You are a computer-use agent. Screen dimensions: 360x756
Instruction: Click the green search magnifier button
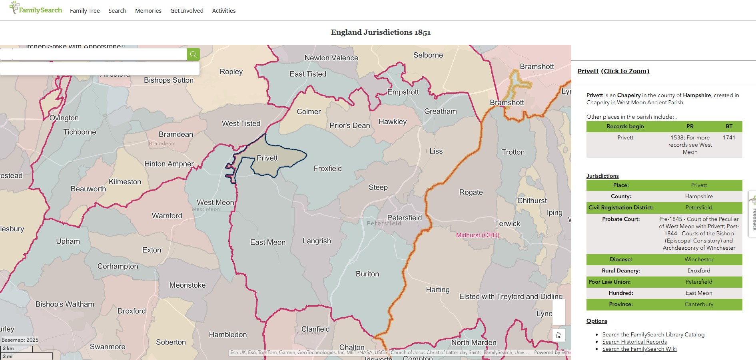tap(193, 54)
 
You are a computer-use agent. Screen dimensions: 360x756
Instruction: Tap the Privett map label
tap(267, 158)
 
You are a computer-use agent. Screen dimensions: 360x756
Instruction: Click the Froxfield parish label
tap(327, 169)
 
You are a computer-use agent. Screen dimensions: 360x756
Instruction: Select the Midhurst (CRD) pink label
tap(477, 235)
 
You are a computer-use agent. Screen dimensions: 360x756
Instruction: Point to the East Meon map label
tap(267, 243)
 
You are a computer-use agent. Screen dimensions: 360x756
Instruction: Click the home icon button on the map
tap(559, 335)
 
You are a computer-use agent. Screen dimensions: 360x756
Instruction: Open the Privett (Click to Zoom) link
tap(613, 71)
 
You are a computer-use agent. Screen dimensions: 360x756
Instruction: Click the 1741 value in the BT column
tap(728, 137)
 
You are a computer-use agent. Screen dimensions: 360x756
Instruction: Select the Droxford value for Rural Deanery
tap(698, 270)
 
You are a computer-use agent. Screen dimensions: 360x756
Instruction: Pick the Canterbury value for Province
tap(698, 304)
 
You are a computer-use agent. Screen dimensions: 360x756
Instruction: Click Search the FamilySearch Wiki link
tap(639, 349)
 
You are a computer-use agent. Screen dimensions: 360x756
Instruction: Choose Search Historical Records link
tap(634, 342)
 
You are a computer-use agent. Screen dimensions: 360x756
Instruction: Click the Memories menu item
tap(148, 11)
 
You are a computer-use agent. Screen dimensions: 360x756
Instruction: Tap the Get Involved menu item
tap(187, 11)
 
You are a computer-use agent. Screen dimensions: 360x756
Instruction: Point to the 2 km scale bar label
tap(8, 348)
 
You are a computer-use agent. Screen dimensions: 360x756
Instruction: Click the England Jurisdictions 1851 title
tap(381, 32)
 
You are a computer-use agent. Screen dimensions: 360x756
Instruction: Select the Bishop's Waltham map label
tap(65, 304)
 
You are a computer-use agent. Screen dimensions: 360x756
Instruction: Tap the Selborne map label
tap(428, 55)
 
